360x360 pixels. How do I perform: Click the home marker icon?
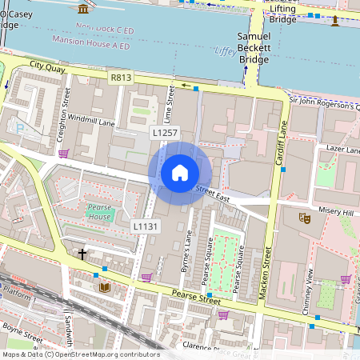point(180,173)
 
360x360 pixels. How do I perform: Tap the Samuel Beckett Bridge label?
point(254,49)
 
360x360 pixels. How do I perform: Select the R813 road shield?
point(122,78)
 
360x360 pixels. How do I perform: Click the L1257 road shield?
point(164,132)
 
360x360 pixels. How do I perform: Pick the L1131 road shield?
point(145,227)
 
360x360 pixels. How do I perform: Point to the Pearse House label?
point(100,212)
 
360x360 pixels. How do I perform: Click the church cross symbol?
point(82,254)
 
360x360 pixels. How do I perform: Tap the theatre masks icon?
point(305,217)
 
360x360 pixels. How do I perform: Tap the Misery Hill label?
point(335,211)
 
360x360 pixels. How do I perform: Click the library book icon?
point(104,286)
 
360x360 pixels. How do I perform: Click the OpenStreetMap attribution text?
point(81,354)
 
